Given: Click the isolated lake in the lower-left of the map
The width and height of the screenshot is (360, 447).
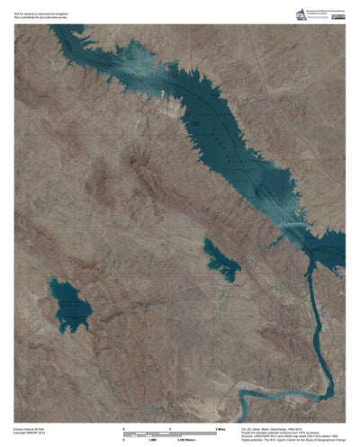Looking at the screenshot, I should (x=70, y=306).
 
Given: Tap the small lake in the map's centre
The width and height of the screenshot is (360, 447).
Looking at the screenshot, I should (x=221, y=258).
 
